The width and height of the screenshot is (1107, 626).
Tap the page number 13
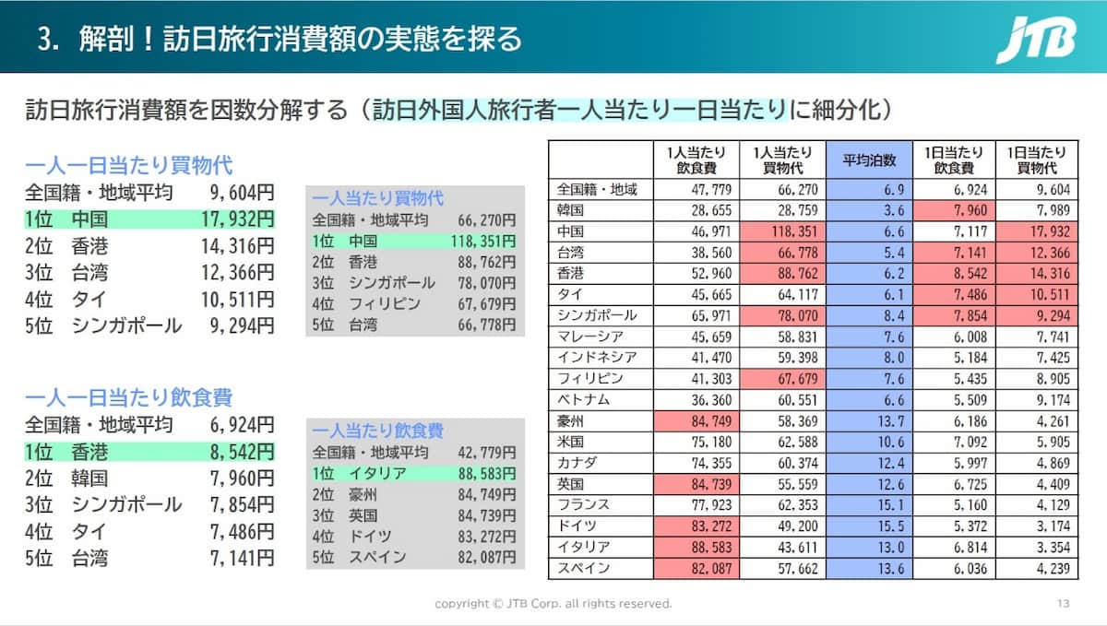click(1064, 604)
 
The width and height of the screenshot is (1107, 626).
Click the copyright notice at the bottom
click(553, 604)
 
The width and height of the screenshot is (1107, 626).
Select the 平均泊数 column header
click(869, 160)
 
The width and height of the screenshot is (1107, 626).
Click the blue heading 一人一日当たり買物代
click(128, 166)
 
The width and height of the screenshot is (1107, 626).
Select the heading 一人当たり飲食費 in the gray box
click(377, 431)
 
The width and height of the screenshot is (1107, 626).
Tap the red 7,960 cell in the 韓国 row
click(954, 210)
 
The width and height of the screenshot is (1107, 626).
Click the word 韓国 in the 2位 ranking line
click(89, 478)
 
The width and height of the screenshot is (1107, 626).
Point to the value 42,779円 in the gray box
click(486, 453)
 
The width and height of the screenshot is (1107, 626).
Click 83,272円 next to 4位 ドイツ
click(486, 536)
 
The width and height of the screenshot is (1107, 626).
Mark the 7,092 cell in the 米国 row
click(954, 443)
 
